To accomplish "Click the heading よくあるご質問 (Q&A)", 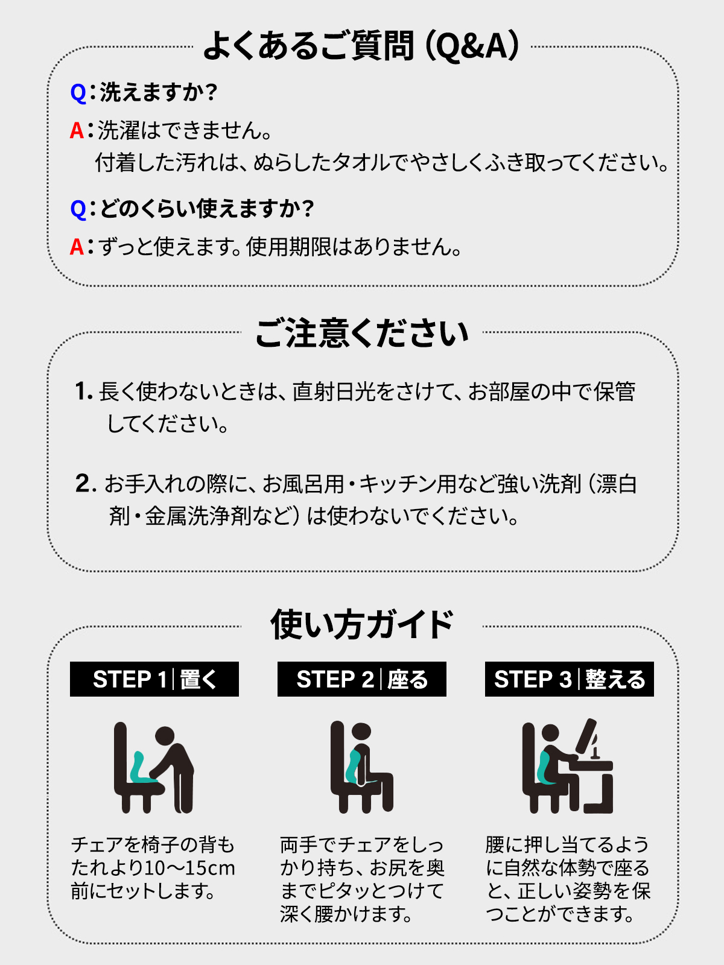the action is tap(361, 46).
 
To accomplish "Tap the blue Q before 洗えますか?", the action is tap(78, 93).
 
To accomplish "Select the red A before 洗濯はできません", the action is tap(77, 130).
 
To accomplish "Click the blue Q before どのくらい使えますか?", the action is tap(78, 209).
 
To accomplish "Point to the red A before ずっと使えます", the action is tap(77, 247).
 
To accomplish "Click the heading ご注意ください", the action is tap(362, 333).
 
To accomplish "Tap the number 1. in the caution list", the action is tap(83, 391).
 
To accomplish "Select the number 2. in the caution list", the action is tap(86, 483).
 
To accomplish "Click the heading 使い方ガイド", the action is tap(362, 625).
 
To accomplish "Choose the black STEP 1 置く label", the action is tap(154, 679).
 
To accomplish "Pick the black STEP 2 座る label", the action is tap(362, 679).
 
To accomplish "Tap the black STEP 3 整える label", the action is tap(570, 679).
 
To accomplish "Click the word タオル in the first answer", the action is tap(361, 163).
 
